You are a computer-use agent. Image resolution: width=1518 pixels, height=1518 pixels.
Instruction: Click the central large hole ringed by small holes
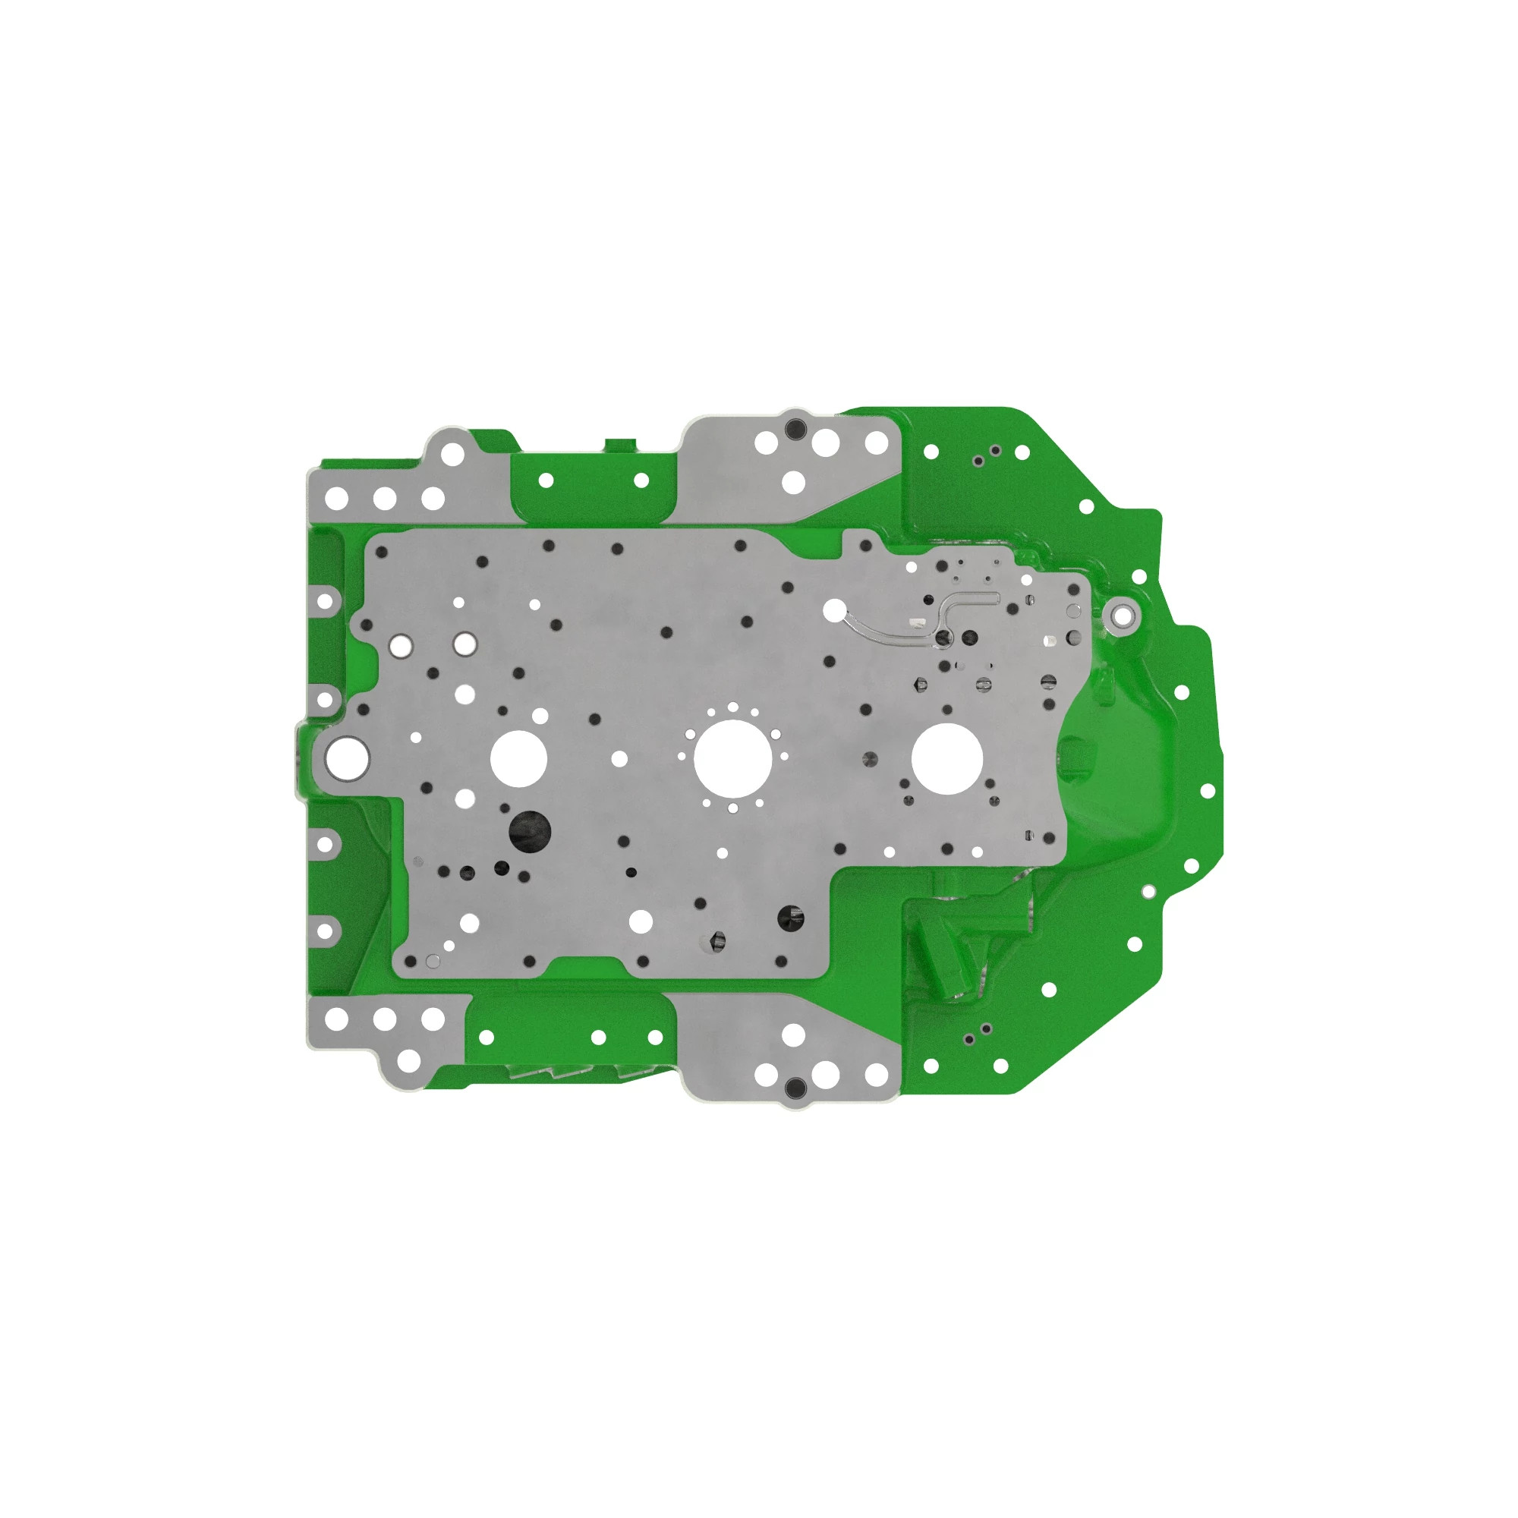point(732,757)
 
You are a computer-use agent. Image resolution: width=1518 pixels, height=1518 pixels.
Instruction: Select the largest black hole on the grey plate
point(530,831)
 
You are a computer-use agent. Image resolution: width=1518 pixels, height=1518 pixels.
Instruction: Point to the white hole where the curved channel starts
point(833,609)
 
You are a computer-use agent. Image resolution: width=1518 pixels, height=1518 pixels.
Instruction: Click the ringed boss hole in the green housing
point(1123,616)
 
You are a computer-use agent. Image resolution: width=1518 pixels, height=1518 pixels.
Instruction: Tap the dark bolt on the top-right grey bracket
point(795,429)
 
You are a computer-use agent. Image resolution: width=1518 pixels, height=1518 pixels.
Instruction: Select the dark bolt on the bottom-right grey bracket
point(795,1088)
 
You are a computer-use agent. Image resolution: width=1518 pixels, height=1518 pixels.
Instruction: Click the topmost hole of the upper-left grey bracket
point(452,453)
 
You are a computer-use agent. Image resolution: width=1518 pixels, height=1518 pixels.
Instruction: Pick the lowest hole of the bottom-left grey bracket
point(408,1061)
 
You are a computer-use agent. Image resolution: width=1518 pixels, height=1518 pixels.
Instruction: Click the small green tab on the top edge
point(620,446)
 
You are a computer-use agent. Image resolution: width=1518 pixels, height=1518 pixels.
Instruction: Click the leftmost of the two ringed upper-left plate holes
point(402,646)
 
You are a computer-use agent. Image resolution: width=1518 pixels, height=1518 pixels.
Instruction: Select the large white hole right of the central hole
point(946,758)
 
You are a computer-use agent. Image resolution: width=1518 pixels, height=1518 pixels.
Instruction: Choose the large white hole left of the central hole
point(518,758)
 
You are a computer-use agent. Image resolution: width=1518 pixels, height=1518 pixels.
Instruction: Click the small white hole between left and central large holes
point(619,759)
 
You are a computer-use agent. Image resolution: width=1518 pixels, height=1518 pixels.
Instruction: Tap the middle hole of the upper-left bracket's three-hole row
point(384,498)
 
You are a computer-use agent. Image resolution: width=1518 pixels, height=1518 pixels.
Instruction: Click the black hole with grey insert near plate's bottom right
point(790,918)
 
